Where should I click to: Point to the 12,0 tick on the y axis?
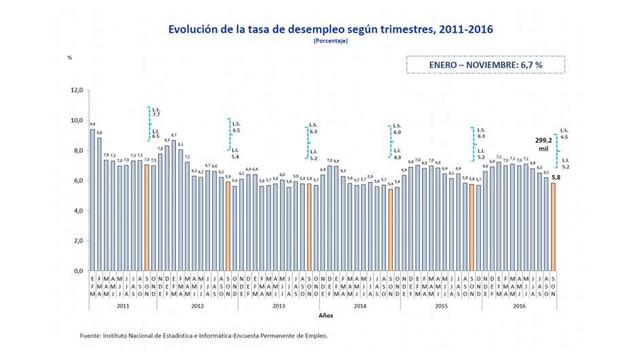coord(74,90)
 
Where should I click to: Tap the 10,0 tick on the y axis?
coord(74,120)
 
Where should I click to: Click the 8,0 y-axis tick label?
coord(74,150)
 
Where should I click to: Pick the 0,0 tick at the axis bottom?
coord(74,271)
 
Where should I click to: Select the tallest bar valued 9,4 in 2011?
coord(92,200)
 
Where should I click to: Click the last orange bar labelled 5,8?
coord(553,227)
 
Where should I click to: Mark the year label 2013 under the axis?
coord(280,304)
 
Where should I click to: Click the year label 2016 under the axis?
coord(520,304)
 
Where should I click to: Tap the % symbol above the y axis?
coord(69,59)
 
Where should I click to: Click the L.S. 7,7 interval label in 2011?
coord(155,112)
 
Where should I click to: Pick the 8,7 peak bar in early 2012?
coord(174,205)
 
